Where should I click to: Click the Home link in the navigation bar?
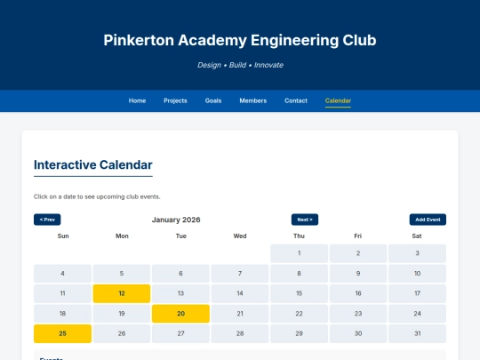(x=137, y=100)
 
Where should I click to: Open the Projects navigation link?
(x=175, y=100)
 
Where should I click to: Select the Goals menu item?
(x=213, y=100)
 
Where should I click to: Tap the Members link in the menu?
(x=252, y=100)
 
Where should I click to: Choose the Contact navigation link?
(x=296, y=100)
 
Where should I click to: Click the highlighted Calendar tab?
(x=338, y=100)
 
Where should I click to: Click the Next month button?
(x=304, y=220)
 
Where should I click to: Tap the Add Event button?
(x=428, y=220)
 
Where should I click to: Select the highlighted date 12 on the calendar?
(x=122, y=293)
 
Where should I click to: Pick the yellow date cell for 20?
(x=180, y=313)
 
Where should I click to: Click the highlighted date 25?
(x=62, y=333)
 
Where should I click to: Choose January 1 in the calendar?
(x=299, y=253)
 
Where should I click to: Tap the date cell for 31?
(x=417, y=333)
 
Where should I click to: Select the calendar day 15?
(x=299, y=293)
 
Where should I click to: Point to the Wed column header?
(x=240, y=236)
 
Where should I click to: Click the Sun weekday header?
(x=62, y=236)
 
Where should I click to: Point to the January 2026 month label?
(x=176, y=220)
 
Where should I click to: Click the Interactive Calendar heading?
(x=92, y=164)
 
